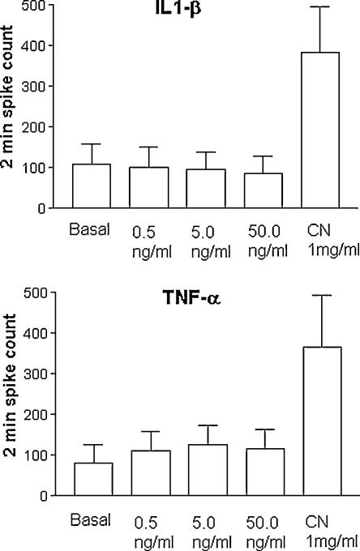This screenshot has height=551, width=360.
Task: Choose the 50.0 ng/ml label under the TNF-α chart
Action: click(x=259, y=524)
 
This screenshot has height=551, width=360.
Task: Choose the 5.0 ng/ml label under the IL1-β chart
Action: click(x=204, y=237)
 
